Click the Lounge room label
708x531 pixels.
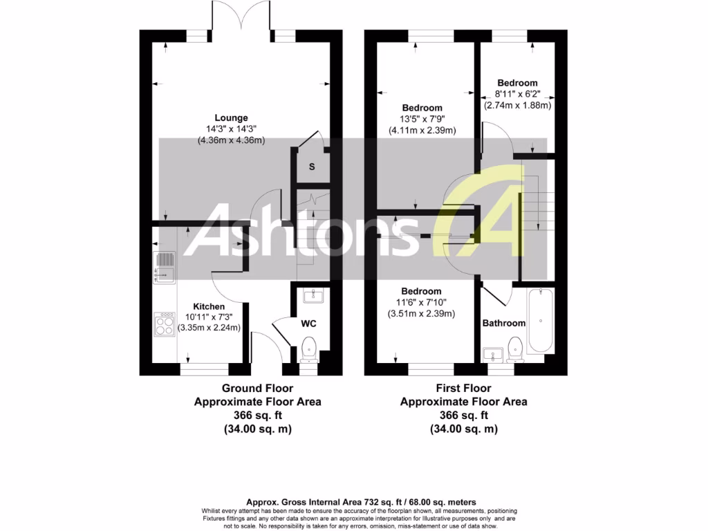[231, 118]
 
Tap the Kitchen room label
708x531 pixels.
[209, 306]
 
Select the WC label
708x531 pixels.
[308, 323]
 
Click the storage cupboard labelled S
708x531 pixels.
[312, 167]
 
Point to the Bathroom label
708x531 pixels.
[504, 323]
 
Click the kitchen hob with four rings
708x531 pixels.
[165, 325]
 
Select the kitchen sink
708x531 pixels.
[165, 267]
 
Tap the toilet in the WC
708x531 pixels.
[310, 348]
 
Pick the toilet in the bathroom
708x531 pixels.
[515, 349]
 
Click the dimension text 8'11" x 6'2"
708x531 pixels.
[517, 94]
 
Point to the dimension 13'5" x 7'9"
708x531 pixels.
[422, 119]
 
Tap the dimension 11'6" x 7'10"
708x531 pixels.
[422, 302]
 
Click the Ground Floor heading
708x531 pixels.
[257, 389]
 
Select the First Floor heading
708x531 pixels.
[464, 389]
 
